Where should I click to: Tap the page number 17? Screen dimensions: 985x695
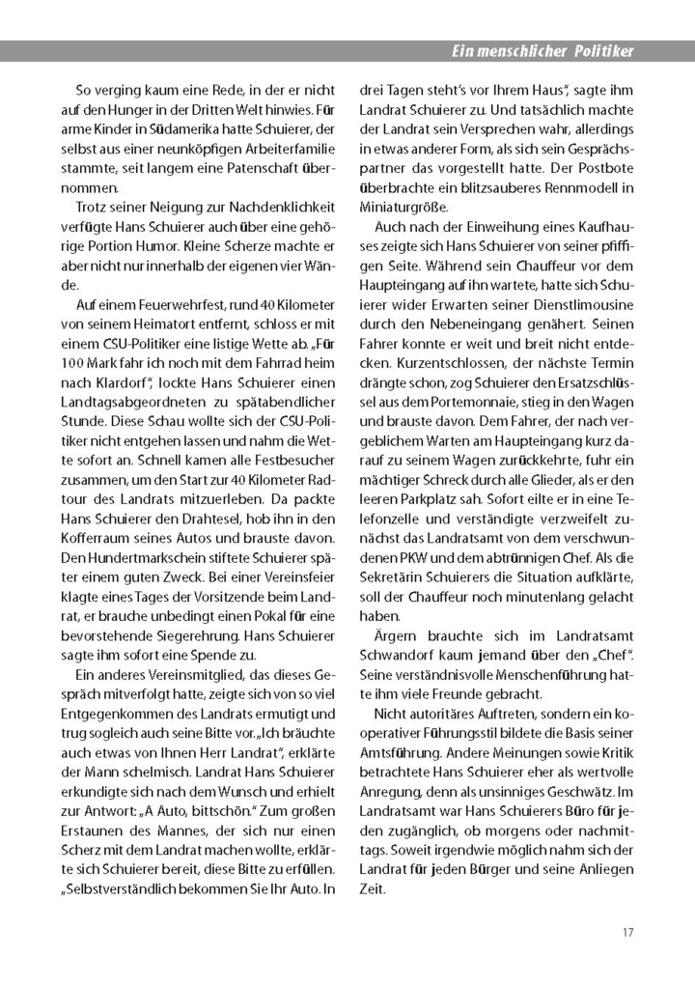[x=627, y=932]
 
